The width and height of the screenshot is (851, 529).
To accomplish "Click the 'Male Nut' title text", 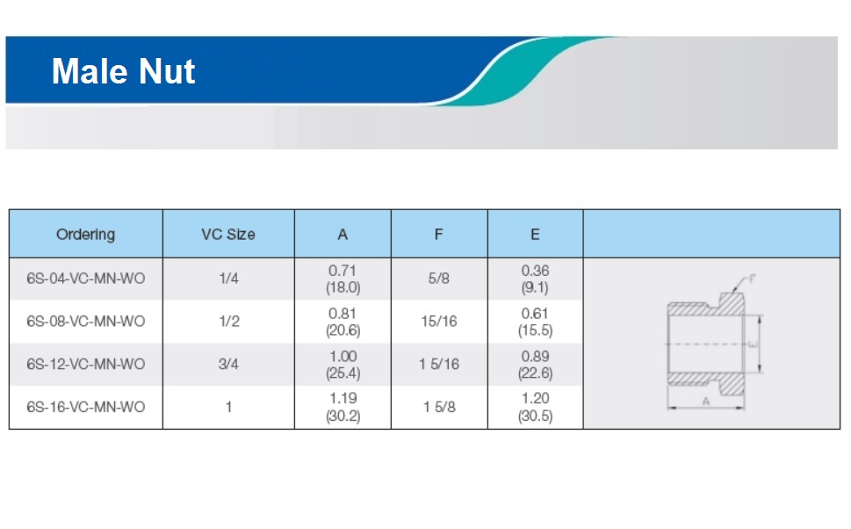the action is pos(123,71).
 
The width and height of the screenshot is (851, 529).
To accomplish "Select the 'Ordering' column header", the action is pos(86,234).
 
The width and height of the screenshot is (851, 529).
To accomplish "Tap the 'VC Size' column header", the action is pos(228,234).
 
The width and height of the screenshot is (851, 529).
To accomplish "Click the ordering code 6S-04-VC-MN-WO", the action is pos(86,279).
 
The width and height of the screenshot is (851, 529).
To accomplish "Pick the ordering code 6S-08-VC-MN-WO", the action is pos(86,322).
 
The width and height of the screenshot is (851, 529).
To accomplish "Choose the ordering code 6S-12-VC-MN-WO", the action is pos(86,364).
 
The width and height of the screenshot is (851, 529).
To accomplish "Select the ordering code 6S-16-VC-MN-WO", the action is pos(86,407).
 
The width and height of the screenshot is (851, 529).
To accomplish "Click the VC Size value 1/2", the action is pos(229,322).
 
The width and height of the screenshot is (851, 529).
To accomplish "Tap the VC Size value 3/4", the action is pos(228,364).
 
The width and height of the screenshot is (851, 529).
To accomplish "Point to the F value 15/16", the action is pos(439,322).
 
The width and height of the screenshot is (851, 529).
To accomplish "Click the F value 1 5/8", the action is pos(439,407).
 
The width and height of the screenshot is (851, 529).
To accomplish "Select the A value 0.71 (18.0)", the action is pos(343,279).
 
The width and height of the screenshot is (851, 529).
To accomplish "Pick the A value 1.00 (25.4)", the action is pos(343,365).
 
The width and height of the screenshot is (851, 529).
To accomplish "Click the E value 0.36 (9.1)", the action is pos(535,279).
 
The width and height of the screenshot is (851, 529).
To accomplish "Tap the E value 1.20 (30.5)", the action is pos(535,407).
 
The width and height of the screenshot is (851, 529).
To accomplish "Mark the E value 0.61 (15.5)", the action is pos(535,322).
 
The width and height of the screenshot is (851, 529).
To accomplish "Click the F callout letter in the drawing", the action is pos(752,279).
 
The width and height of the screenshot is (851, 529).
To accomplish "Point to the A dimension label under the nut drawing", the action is pos(705,402).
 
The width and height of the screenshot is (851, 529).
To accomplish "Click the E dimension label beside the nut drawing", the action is pos(753,344).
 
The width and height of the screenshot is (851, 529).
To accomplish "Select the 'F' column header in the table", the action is pos(438,234).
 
